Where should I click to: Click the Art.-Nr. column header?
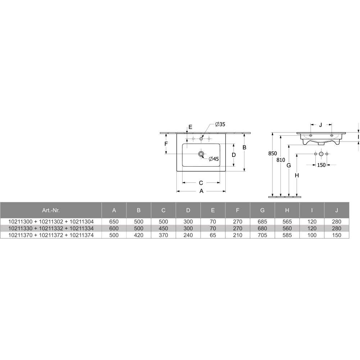pos(51,210)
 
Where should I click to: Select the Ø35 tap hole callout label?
pos(220,124)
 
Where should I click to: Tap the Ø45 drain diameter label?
pos(214,159)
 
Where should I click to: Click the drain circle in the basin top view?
pos(201,154)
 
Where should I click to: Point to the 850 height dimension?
pos(273,153)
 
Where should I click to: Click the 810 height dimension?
pos(281,160)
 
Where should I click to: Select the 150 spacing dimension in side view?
pos(321,165)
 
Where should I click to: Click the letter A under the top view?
pos(201,191)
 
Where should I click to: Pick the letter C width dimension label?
pos(201,183)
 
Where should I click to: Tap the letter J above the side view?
pos(321,125)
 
